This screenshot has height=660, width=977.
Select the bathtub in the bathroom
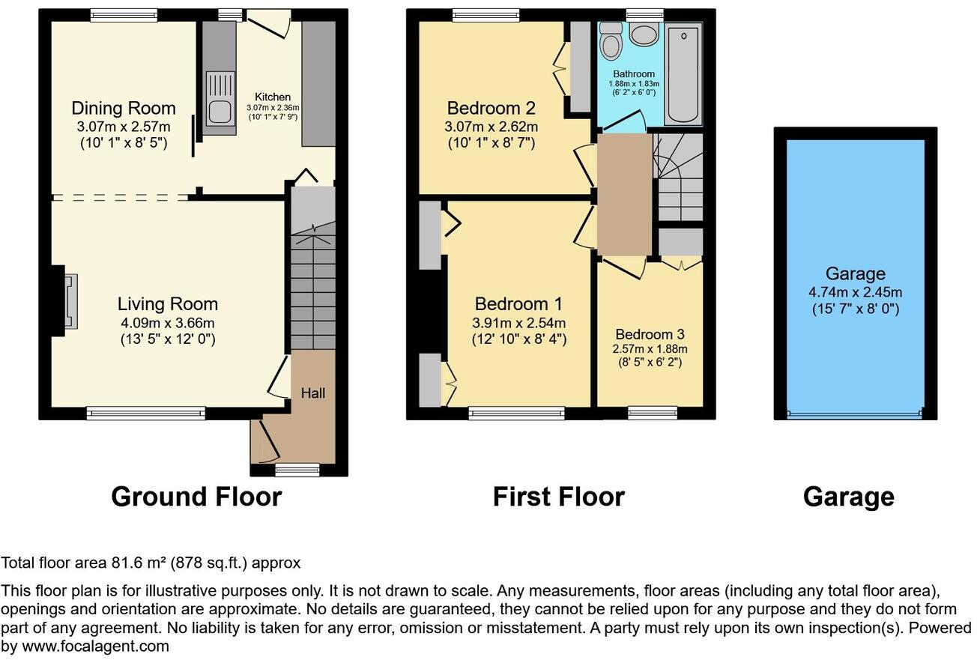(683, 73)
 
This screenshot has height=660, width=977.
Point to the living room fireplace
(68, 301)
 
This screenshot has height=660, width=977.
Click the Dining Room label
(124, 108)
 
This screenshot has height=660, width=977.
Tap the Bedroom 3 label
(650, 334)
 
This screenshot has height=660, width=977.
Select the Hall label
(313, 393)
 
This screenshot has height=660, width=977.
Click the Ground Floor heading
(196, 497)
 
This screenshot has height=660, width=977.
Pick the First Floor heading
(558, 497)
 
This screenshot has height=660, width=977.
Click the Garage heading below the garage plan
(848, 497)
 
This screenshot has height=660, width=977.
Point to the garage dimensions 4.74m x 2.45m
(855, 292)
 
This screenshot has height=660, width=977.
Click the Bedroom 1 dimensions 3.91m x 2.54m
(518, 323)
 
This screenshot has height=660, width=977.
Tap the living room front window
(145, 411)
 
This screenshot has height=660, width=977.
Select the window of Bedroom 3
(652, 411)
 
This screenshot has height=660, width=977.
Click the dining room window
(124, 13)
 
